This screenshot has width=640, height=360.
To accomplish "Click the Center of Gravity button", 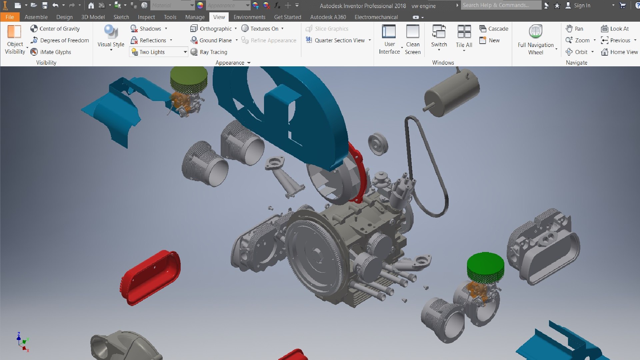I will click(x=55, y=29).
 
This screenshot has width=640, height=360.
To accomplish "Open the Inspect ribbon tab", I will click(x=146, y=17).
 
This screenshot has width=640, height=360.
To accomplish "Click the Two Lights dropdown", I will click(x=159, y=52).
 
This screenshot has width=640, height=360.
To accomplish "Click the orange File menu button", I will click(x=10, y=17).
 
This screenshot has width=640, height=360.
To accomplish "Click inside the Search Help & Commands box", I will click(x=500, y=5).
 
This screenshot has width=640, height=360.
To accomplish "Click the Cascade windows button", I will click(x=494, y=29).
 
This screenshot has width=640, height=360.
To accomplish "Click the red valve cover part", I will click(x=150, y=277).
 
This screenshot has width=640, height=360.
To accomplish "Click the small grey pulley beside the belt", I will click(x=378, y=144).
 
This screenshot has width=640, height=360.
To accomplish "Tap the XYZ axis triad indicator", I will click(x=23, y=342).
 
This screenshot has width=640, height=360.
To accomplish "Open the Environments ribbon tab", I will click(x=249, y=17).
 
